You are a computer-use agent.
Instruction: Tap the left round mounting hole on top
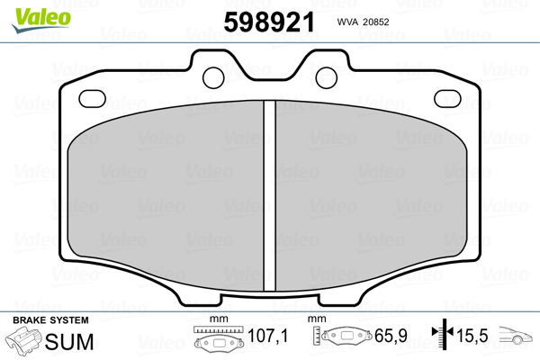pos(214,76)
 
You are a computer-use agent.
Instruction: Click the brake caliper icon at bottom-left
pos(23,344)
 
